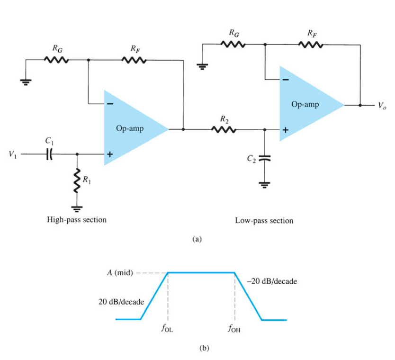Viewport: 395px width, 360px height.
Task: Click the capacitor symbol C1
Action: [49, 154]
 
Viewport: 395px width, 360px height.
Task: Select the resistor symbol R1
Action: [77, 180]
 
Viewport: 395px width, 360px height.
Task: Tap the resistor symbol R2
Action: [224, 130]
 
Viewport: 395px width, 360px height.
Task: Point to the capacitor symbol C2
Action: [264, 158]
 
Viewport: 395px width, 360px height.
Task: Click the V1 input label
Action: [13, 154]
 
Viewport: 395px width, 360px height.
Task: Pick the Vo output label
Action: [382, 106]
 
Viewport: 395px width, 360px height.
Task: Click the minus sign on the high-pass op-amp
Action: [110, 104]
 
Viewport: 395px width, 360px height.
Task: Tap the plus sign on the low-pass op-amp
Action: [286, 130]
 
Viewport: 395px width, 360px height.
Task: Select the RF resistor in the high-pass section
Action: [134, 60]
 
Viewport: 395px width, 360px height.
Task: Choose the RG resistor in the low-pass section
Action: [233, 45]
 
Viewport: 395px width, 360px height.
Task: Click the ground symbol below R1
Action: [77, 209]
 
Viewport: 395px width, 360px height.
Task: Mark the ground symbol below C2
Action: [264, 185]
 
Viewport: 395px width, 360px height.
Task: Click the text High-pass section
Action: [77, 220]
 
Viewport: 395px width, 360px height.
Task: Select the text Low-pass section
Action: [264, 221]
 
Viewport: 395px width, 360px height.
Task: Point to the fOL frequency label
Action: [167, 328]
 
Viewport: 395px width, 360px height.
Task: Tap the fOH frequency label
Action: [234, 328]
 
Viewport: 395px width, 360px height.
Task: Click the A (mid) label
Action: [120, 272]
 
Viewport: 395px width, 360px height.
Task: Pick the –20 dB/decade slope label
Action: [272, 281]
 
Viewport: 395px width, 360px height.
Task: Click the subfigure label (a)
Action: [197, 239]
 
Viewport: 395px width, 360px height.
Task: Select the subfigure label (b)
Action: [204, 348]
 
